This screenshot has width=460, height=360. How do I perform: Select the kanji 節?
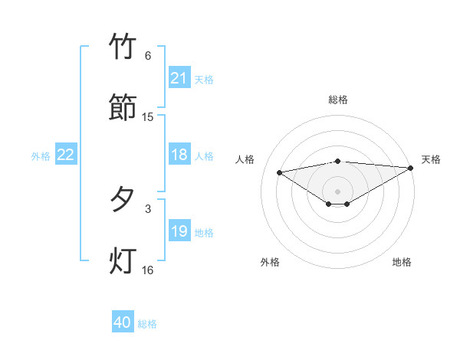click(x=123, y=107)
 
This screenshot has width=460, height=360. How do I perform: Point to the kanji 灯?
click(x=123, y=260)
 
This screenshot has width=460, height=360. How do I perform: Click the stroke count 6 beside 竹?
click(x=148, y=56)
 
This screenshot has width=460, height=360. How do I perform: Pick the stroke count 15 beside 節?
click(x=148, y=117)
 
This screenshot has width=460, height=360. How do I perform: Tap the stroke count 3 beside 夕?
click(x=148, y=208)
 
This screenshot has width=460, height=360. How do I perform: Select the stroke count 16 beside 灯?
click(x=148, y=270)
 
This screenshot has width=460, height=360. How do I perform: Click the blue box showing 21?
click(x=179, y=78)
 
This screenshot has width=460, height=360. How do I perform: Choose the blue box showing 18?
click(x=179, y=155)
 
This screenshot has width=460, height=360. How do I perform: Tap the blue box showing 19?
click(x=179, y=231)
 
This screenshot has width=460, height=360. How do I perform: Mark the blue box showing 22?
click(x=66, y=155)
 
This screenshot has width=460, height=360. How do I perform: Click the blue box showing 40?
click(x=123, y=322)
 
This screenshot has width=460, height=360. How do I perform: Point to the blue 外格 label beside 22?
click(x=41, y=156)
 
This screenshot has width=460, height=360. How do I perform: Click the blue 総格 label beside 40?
click(x=147, y=324)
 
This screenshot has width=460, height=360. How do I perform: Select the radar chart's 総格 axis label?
click(x=338, y=100)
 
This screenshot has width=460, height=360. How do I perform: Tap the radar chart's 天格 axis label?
click(x=431, y=159)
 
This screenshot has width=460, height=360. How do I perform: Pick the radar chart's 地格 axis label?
click(x=402, y=262)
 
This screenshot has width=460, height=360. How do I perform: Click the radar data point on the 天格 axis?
click(x=412, y=168)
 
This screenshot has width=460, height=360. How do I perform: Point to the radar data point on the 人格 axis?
click(x=280, y=172)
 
